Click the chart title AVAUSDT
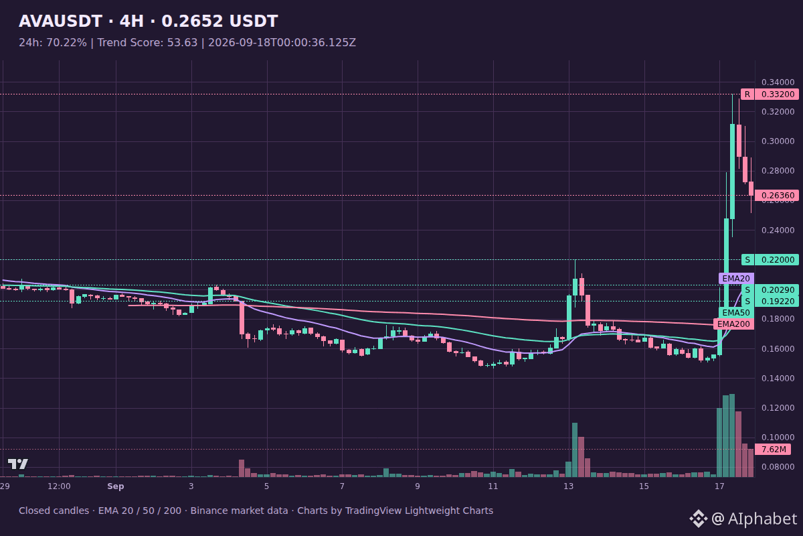[61, 21]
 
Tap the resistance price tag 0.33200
[778, 94]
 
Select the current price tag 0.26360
[778, 195]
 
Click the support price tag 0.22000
[778, 259]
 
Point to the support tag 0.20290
[778, 289]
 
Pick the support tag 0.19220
[778, 301]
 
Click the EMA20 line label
[736, 279]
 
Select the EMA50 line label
[736, 313]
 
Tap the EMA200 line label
[733, 324]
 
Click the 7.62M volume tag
[773, 450]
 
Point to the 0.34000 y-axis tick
[778, 82]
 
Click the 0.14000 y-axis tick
[778, 378]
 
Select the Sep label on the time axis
[115, 486]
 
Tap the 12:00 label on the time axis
[59, 486]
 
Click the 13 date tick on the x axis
[569, 486]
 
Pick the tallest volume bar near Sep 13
[575, 450]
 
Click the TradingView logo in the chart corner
[18, 464]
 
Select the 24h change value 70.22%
[67, 43]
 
